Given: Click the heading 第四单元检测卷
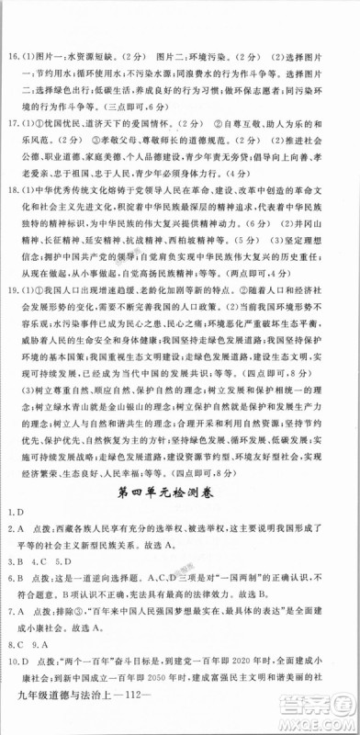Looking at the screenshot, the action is click(179, 495).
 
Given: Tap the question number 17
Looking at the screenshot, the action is click(14, 121).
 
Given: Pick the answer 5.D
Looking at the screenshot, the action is click(61, 561).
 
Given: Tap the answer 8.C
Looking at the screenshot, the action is click(12, 644).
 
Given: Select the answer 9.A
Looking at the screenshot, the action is click(37, 644).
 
